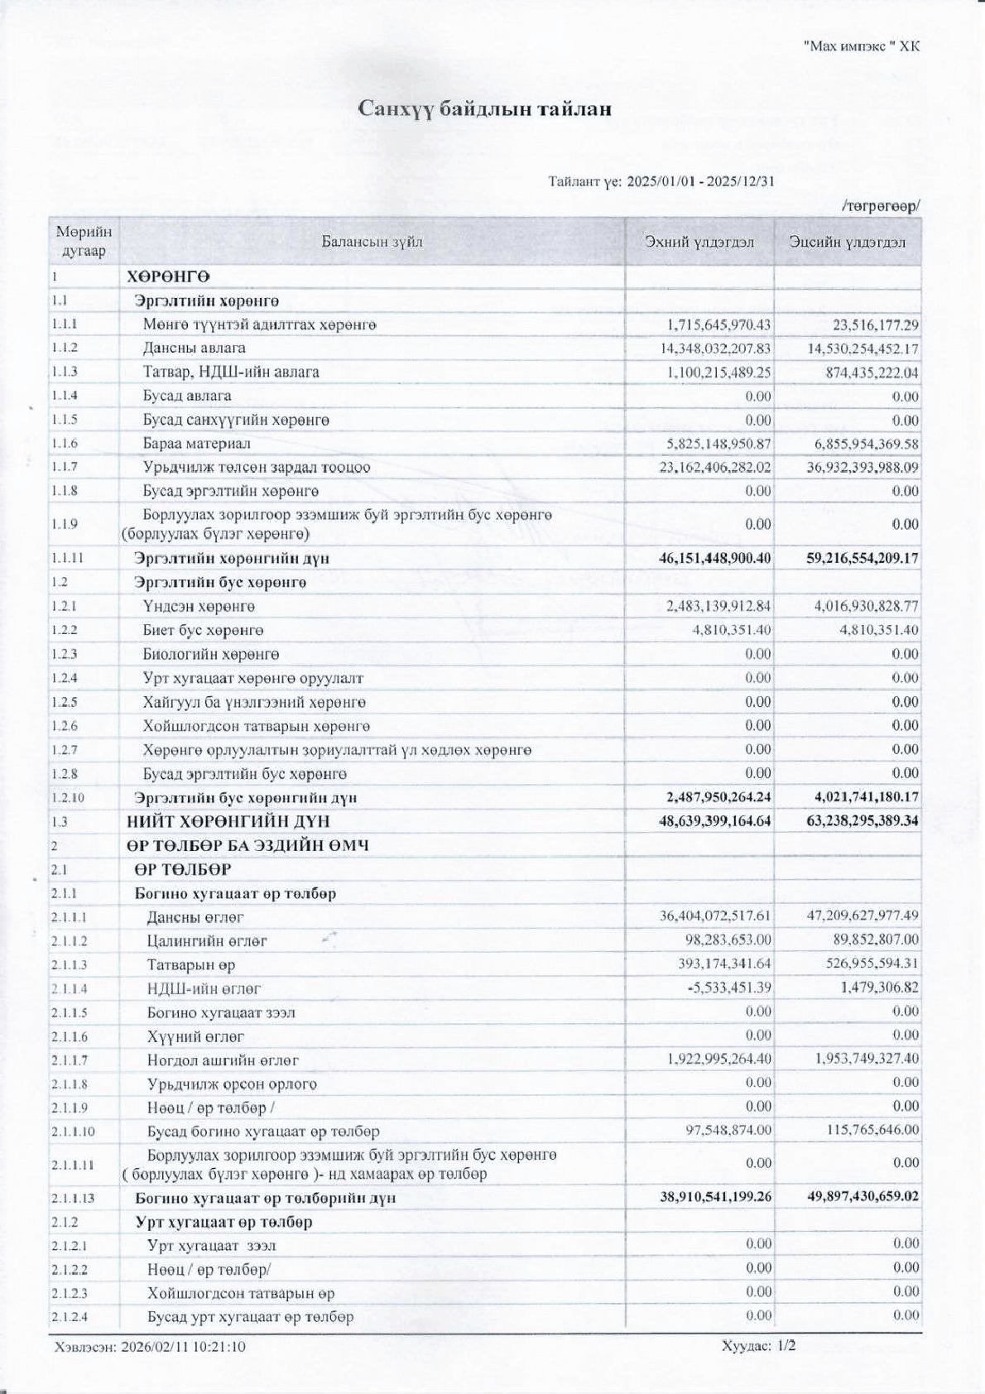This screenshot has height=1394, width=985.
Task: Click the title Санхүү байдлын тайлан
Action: click(x=484, y=108)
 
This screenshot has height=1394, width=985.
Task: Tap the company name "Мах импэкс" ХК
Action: click(x=861, y=46)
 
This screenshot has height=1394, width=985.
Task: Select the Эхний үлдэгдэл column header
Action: click(x=699, y=242)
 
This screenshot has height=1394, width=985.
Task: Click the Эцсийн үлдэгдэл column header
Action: click(x=847, y=242)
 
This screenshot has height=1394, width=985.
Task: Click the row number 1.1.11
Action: click(x=67, y=558)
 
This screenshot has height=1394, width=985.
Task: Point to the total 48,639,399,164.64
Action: click(x=714, y=821)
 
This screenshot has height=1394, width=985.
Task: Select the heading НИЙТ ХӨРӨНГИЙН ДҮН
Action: click(x=228, y=821)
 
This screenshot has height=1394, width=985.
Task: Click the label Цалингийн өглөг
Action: click(x=207, y=941)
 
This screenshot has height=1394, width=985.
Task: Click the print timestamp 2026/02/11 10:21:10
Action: click(x=183, y=1346)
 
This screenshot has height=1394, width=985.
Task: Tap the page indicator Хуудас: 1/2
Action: click(x=758, y=1345)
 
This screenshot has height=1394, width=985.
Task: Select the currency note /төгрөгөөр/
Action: click(x=881, y=206)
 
